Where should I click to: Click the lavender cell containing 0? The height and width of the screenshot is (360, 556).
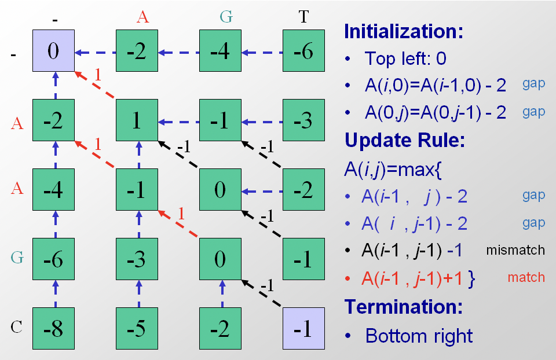coord(53,51)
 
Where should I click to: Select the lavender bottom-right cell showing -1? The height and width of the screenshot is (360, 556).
coord(303,329)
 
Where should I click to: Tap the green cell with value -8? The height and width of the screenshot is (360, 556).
coord(53,329)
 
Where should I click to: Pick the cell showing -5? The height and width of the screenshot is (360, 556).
coord(137,329)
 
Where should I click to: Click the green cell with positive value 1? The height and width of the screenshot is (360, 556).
coord(137,121)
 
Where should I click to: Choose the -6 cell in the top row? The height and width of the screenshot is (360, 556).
coord(303,51)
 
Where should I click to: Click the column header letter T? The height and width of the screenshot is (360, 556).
coord(303,17)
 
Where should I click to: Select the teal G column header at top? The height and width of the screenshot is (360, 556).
coord(226,17)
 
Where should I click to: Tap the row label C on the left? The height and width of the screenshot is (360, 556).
coord(17,327)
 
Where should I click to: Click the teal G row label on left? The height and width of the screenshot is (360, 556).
coord(17,258)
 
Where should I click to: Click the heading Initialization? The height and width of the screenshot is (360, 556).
coord(404,31)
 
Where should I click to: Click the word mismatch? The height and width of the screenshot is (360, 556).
coord(515,250)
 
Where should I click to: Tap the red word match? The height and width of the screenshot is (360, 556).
coord(526,277)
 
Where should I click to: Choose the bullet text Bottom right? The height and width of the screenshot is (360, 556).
coord(419,335)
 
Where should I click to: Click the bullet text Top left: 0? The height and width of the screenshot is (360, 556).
coord(405,58)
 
